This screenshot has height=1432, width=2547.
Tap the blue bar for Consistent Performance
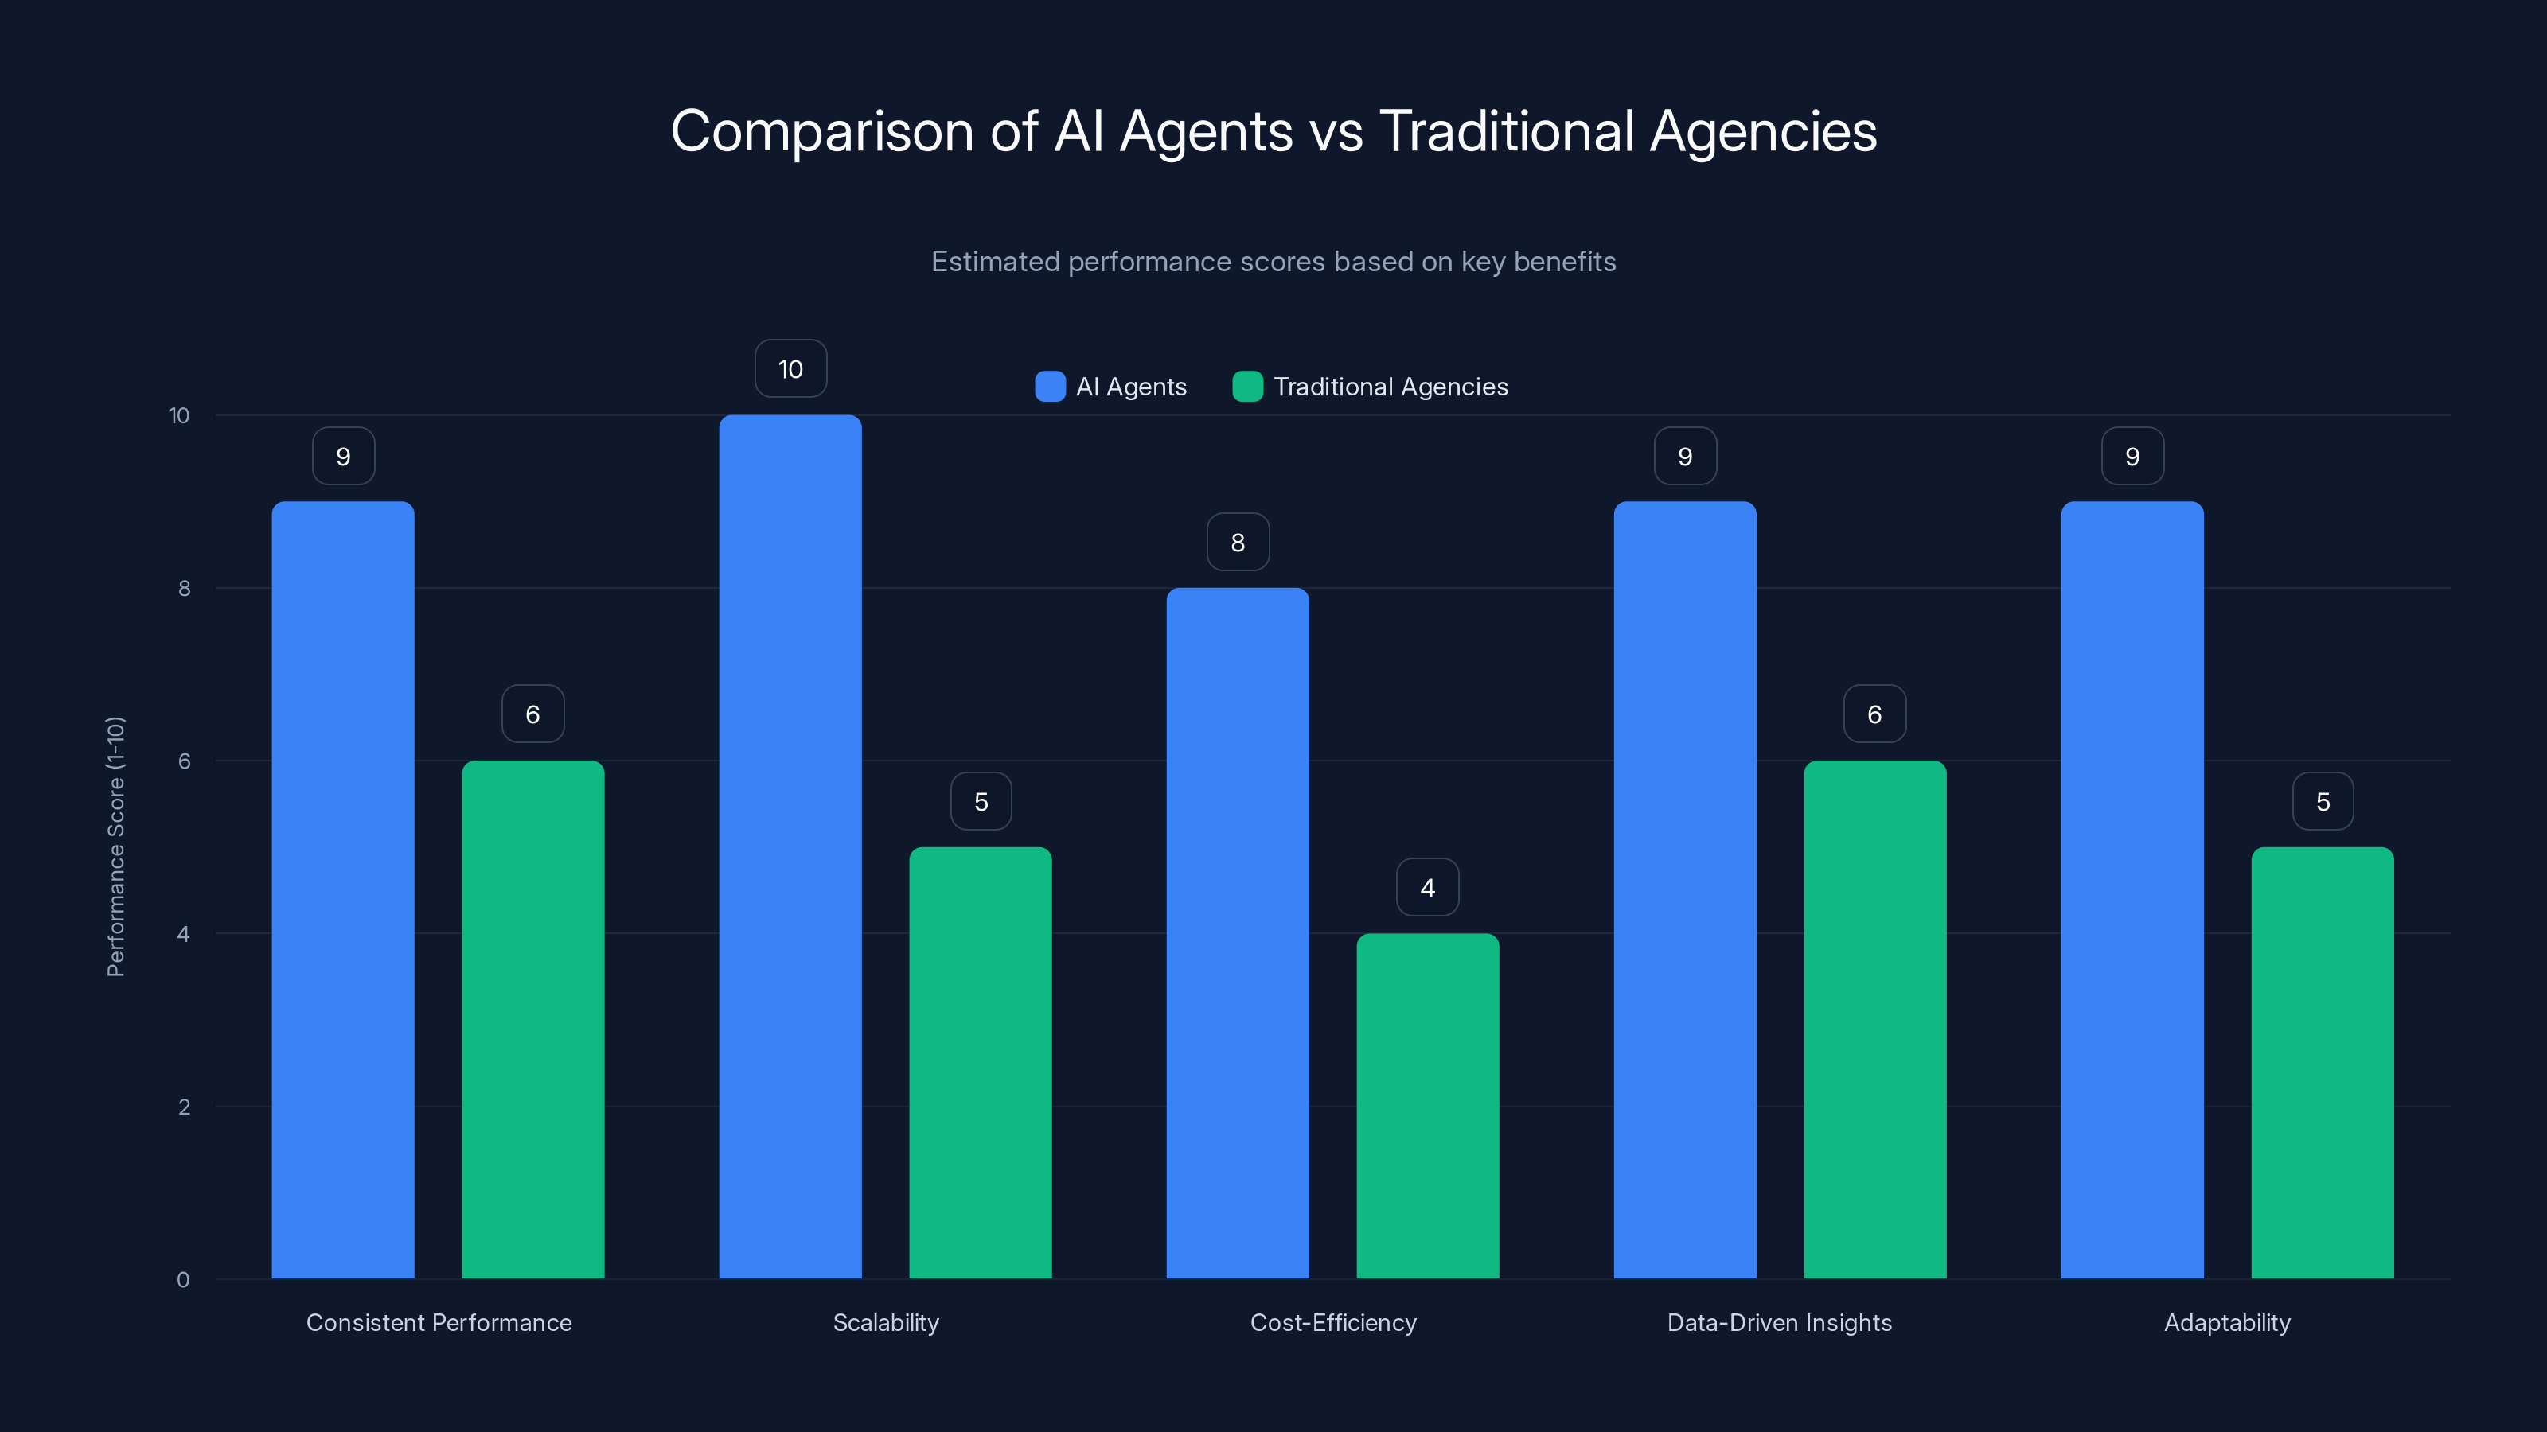pos(343,889)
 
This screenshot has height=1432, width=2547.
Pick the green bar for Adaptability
pos(2322,1062)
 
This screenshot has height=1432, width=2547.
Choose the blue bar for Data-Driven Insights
pos(1685,889)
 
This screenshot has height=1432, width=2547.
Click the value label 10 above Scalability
pos(790,368)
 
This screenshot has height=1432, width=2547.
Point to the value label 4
pos(1427,888)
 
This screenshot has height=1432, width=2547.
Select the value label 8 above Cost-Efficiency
pos(1237,542)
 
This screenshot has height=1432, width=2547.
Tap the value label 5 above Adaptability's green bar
pos(2323,801)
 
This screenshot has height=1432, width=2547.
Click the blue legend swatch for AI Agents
pos(1050,387)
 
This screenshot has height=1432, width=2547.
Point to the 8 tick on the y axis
pos(184,588)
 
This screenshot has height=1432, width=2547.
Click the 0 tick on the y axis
pos(183,1280)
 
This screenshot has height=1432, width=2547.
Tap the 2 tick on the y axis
pos(184,1107)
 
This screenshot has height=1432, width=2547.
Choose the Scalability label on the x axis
pos(886,1322)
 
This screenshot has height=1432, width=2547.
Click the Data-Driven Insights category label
pos(1779,1322)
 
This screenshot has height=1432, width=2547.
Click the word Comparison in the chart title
pos(821,130)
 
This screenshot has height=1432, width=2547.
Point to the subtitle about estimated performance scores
pos(1273,261)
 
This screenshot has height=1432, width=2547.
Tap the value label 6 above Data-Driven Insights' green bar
pos(1874,714)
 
